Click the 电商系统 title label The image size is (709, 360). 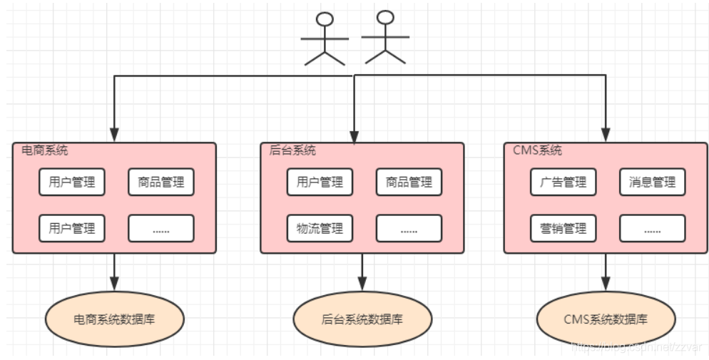(x=45, y=150)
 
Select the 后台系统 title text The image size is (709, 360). (x=292, y=150)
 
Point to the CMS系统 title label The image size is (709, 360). (x=537, y=150)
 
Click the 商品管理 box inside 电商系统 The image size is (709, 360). (x=161, y=182)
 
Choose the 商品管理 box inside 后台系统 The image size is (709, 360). (x=409, y=182)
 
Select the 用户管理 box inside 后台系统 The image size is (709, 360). (x=320, y=182)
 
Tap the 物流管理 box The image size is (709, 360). (x=320, y=228)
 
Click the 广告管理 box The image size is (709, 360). (x=563, y=182)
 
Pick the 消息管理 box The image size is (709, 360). (x=652, y=182)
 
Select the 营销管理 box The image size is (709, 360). (x=563, y=228)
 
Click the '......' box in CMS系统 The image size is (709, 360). (x=652, y=228)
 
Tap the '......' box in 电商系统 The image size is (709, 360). (x=161, y=228)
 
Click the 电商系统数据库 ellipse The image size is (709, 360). (x=114, y=319)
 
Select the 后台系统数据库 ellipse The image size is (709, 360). (x=362, y=319)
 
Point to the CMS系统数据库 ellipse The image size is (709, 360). (x=606, y=319)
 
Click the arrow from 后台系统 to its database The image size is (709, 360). (x=362, y=271)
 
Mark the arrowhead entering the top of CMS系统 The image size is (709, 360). (x=606, y=135)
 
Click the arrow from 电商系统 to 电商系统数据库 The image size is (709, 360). (x=114, y=271)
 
